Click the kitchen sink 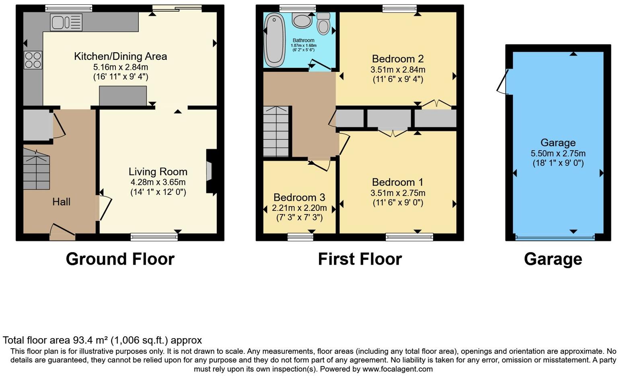[x=66, y=22]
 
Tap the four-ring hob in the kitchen [x=33, y=60]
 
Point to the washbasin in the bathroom [x=302, y=20]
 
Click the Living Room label [x=158, y=172]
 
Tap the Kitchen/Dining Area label [x=120, y=56]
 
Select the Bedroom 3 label [x=299, y=197]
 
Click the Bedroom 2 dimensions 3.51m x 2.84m [x=397, y=69]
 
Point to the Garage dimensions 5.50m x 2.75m [x=557, y=153]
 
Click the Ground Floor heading [x=120, y=259]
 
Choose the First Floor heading [x=360, y=259]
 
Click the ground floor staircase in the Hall [x=36, y=169]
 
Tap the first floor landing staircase [x=276, y=131]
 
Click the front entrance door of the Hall [x=62, y=233]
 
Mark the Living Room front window [x=154, y=237]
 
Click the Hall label [x=61, y=202]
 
